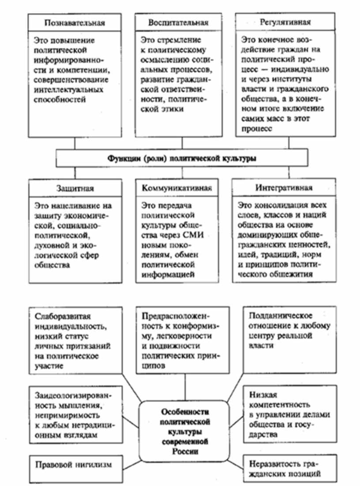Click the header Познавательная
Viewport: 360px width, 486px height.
coord(75,23)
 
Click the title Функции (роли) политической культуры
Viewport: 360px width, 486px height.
coord(181,158)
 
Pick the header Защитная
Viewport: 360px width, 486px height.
coord(75,188)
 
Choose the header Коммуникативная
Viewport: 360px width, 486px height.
coord(177,188)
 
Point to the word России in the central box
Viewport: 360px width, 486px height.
coord(184,452)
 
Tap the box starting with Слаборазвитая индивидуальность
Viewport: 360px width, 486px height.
coord(75,339)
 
